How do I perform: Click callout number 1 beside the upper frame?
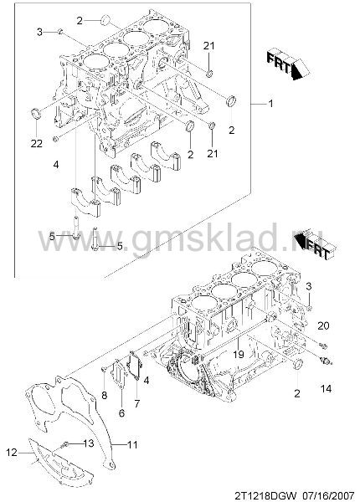[270, 104]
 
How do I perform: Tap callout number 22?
[37, 143]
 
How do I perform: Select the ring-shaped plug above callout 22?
[36, 114]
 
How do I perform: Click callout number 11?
[132, 445]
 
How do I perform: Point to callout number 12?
[11, 453]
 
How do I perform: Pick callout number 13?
[89, 443]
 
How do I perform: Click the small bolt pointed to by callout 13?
[65, 445]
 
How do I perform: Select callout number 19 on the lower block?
[239, 354]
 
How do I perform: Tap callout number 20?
[323, 325]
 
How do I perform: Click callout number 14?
[326, 389]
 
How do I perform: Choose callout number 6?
[121, 413]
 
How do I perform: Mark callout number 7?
[137, 404]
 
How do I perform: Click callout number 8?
[105, 395]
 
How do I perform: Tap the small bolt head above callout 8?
[103, 370]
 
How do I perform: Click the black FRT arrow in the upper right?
[288, 64]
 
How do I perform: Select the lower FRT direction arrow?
[315, 245]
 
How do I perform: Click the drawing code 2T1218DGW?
[266, 495]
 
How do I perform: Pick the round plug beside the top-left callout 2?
[105, 20]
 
